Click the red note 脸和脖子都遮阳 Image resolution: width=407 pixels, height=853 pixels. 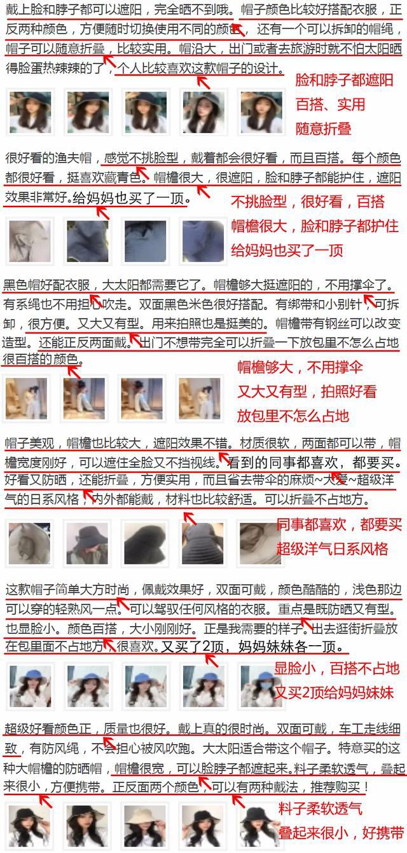[344, 81]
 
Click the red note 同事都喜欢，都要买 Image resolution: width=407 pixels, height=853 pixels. [340, 524]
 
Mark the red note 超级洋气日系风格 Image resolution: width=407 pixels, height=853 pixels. [332, 548]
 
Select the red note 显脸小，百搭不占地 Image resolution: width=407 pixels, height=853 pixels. [337, 668]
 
